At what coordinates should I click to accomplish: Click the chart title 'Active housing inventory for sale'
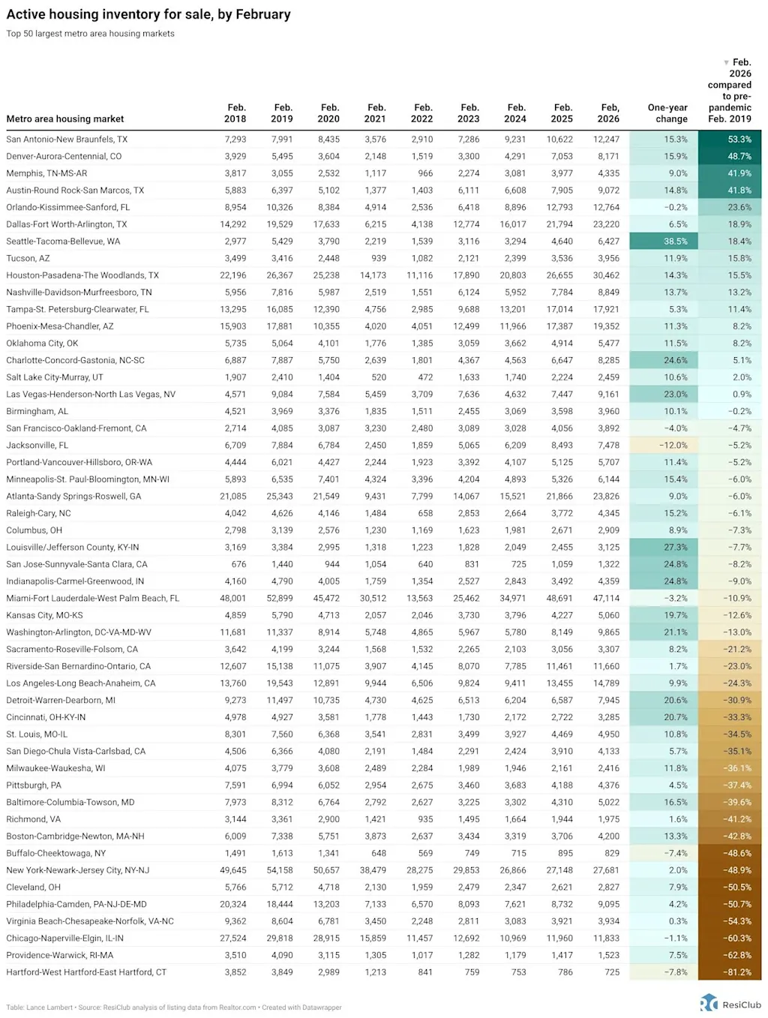tap(148, 14)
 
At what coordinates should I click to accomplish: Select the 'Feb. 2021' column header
tap(376, 113)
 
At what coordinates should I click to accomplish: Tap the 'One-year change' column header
tap(667, 113)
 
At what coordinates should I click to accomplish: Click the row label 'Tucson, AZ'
tap(28, 258)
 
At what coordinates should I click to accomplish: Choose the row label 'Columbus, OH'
tap(34, 530)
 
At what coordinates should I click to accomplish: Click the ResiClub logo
tap(730, 1004)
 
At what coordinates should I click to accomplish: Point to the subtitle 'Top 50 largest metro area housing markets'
tap(90, 34)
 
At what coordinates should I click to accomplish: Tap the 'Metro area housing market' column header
tap(65, 119)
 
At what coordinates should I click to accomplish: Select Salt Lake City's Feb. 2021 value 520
tap(379, 377)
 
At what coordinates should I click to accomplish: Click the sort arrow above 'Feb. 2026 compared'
tap(726, 62)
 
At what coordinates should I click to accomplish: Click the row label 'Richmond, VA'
tap(34, 819)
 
